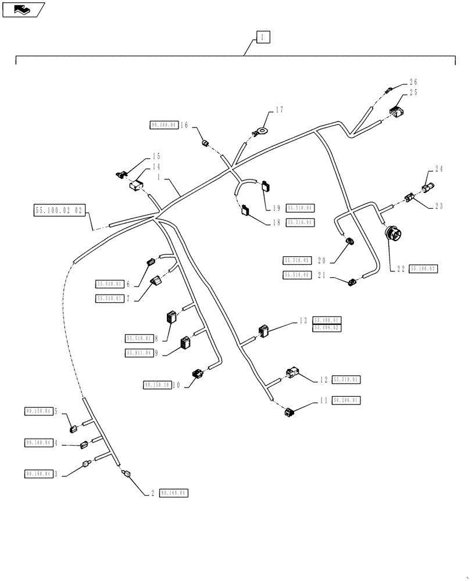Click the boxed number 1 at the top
point(263,38)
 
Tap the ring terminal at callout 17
point(263,132)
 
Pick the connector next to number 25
point(397,113)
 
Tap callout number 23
point(438,206)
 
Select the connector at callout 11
point(289,413)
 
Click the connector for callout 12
point(292,374)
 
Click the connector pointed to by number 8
point(171,319)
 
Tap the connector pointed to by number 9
point(187,344)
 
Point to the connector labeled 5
point(74,429)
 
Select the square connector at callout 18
point(244,210)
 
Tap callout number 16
point(184,125)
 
